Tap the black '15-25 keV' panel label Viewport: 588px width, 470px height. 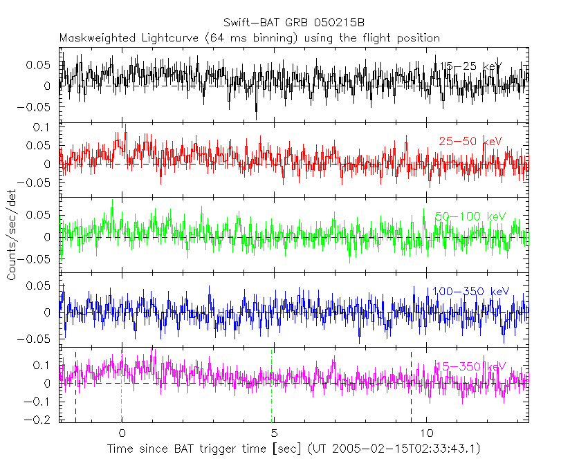point(470,66)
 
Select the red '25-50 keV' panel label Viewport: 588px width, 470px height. point(470,142)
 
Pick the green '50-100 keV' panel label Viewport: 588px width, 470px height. point(470,217)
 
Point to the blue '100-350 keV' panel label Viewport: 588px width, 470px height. point(470,292)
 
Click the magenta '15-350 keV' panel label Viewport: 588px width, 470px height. point(470,366)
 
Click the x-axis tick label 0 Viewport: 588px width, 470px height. point(122,433)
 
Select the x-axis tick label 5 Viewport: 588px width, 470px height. point(273,433)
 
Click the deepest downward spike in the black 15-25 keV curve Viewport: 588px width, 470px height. point(256,116)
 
